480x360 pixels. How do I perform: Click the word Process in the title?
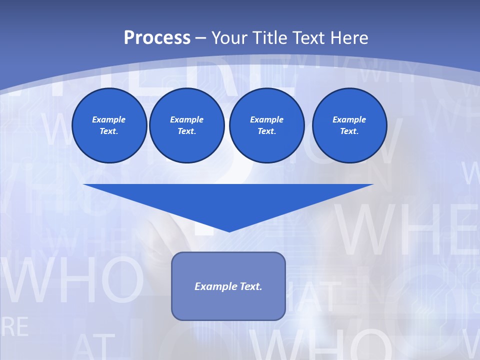coord(157,38)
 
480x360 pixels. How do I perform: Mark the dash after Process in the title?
coord(200,38)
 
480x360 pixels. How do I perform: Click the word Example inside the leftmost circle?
coord(109,119)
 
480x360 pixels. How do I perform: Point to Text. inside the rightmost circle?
coord(349,131)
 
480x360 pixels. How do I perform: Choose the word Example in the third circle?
coord(266,119)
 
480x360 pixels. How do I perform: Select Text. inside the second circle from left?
coord(186,131)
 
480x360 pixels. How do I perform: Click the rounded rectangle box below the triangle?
coord(228,305)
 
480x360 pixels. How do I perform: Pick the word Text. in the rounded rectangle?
coord(251,286)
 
